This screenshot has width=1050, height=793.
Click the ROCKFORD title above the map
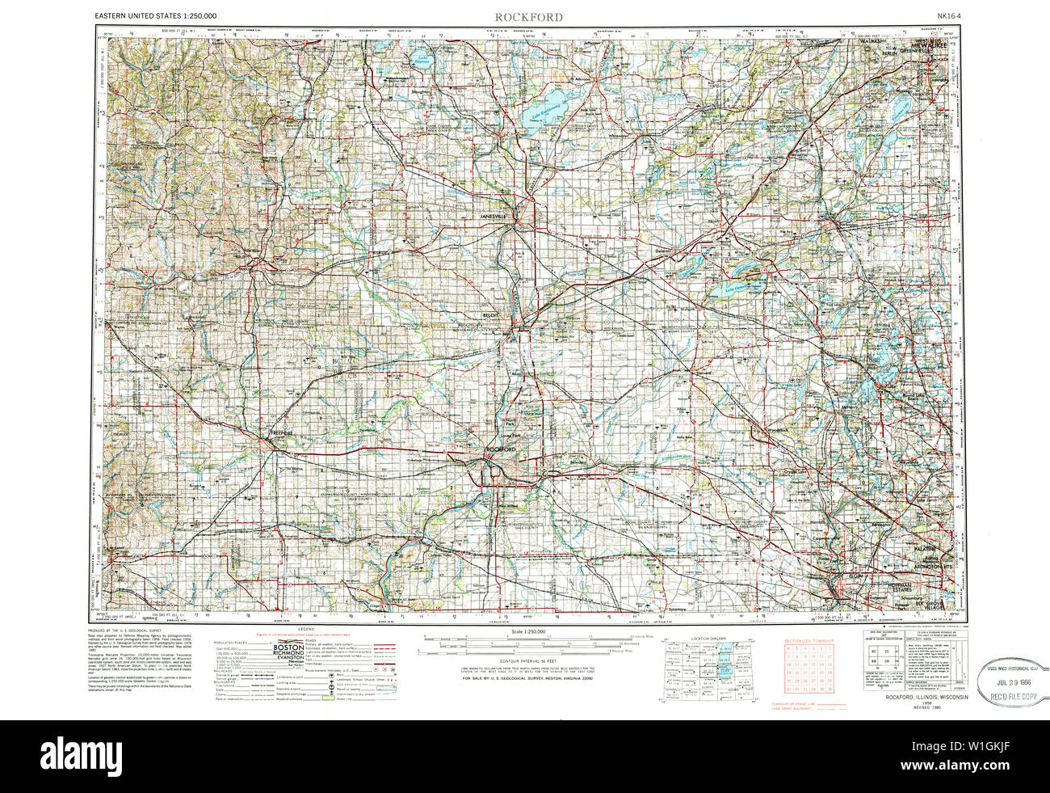tap(529, 17)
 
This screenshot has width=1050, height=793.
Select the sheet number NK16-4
tap(950, 16)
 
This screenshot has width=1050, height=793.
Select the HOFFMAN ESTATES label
tap(923, 586)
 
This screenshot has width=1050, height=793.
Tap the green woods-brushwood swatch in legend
tap(327, 698)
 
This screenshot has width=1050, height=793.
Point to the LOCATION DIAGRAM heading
tap(708, 638)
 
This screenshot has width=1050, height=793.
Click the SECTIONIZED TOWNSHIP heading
tap(808, 639)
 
